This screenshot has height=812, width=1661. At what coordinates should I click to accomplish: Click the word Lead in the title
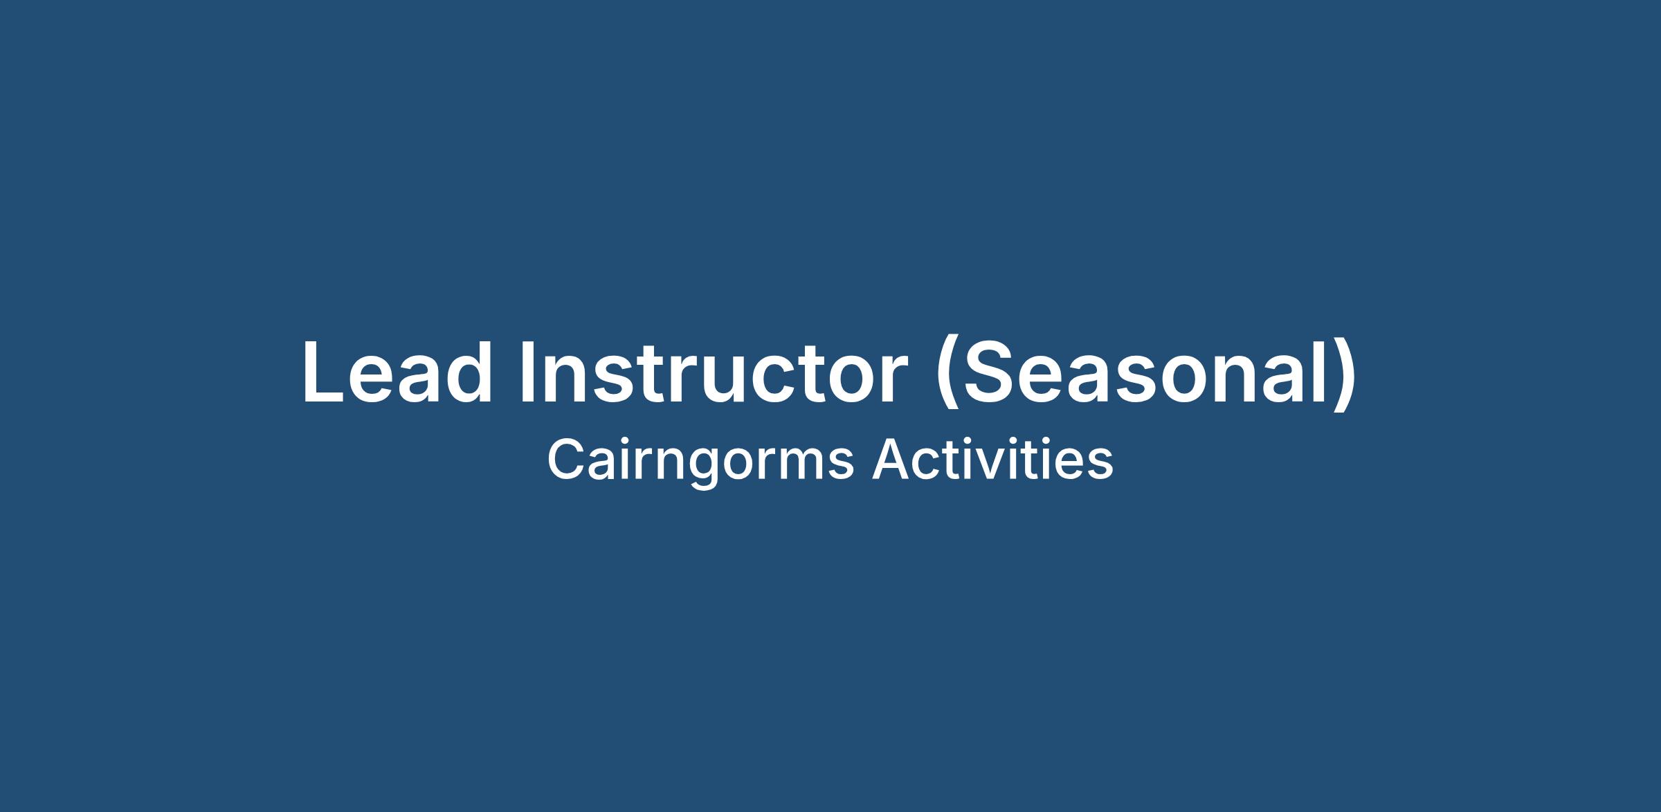point(397,372)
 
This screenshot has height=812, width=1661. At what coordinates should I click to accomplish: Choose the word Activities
point(992,460)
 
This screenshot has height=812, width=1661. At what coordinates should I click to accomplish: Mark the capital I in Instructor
point(526,372)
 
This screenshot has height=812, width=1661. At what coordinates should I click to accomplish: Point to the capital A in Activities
point(891,460)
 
